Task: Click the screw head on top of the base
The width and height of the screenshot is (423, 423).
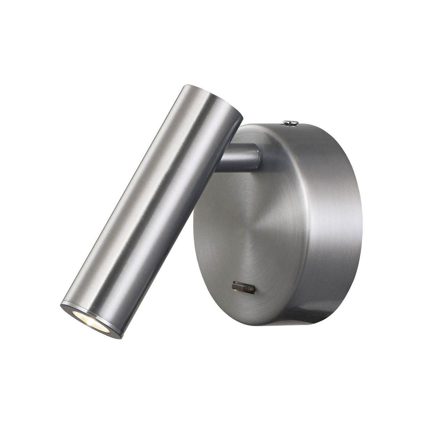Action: click(290, 122)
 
